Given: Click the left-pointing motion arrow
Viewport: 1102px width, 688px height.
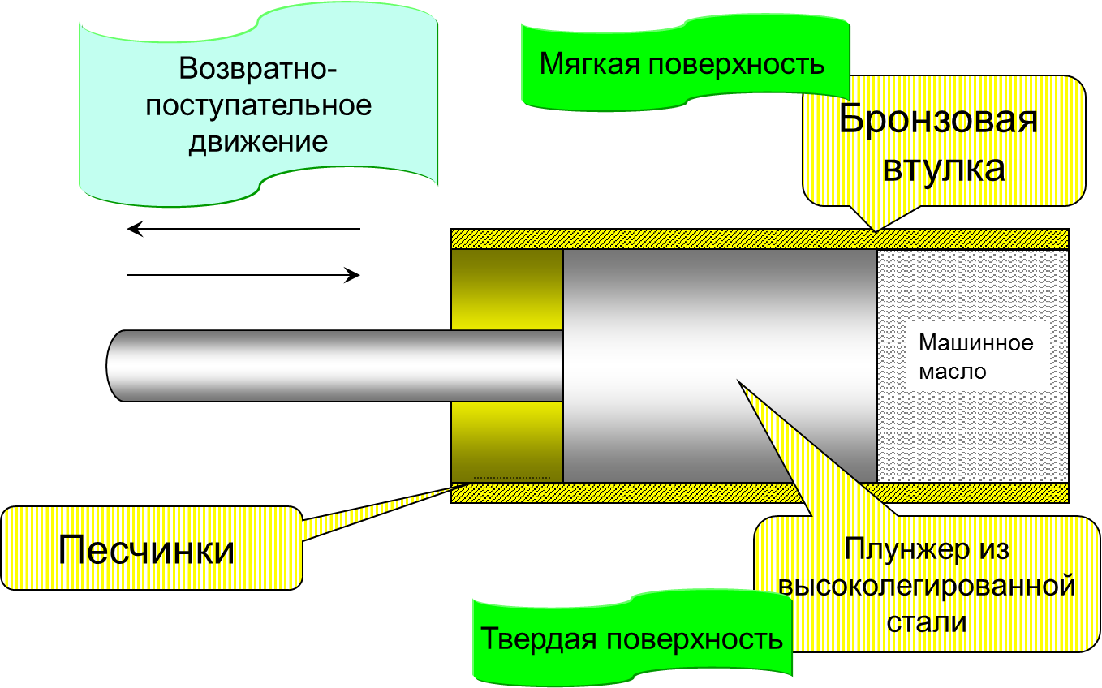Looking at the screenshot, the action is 243,229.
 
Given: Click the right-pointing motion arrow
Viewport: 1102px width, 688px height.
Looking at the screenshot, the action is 243,275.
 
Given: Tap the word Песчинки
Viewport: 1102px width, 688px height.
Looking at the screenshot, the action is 146,549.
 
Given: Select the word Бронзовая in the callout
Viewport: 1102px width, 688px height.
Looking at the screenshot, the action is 938,118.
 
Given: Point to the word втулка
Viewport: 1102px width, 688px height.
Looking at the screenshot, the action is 944,169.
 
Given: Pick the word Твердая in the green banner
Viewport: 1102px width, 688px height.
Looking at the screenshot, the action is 539,639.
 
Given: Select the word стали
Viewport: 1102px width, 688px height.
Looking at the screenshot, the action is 927,622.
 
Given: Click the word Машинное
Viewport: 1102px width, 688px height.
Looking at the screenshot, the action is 976,342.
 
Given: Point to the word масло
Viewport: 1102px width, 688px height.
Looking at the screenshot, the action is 953,372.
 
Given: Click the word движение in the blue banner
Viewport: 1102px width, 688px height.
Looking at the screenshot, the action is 258,143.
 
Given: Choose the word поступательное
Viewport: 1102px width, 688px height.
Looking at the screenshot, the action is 258,105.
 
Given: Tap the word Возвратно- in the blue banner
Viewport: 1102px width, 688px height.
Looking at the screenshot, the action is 258,68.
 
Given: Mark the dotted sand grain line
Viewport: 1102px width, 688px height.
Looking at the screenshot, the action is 511,478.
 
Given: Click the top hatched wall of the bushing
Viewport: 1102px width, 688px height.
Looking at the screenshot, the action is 760,239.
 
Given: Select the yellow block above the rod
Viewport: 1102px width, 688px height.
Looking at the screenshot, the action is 507,290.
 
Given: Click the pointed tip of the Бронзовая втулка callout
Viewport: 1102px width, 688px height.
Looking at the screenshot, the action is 876,231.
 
